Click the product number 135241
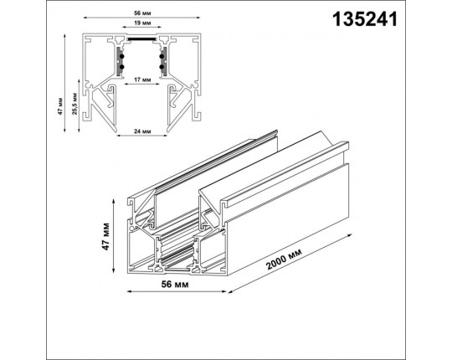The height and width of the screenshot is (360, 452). (x=365, y=19)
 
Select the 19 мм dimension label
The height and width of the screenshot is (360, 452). (x=142, y=23)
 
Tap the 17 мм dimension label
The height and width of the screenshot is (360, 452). (x=142, y=80)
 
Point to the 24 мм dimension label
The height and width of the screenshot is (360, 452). (x=142, y=131)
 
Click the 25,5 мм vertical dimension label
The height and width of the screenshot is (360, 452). (x=74, y=104)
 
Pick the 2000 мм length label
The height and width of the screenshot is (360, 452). (x=285, y=260)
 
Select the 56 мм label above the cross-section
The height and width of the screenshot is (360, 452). (x=142, y=13)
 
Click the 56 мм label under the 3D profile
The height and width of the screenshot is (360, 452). (x=175, y=285)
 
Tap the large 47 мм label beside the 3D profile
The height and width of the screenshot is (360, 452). (x=105, y=236)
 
